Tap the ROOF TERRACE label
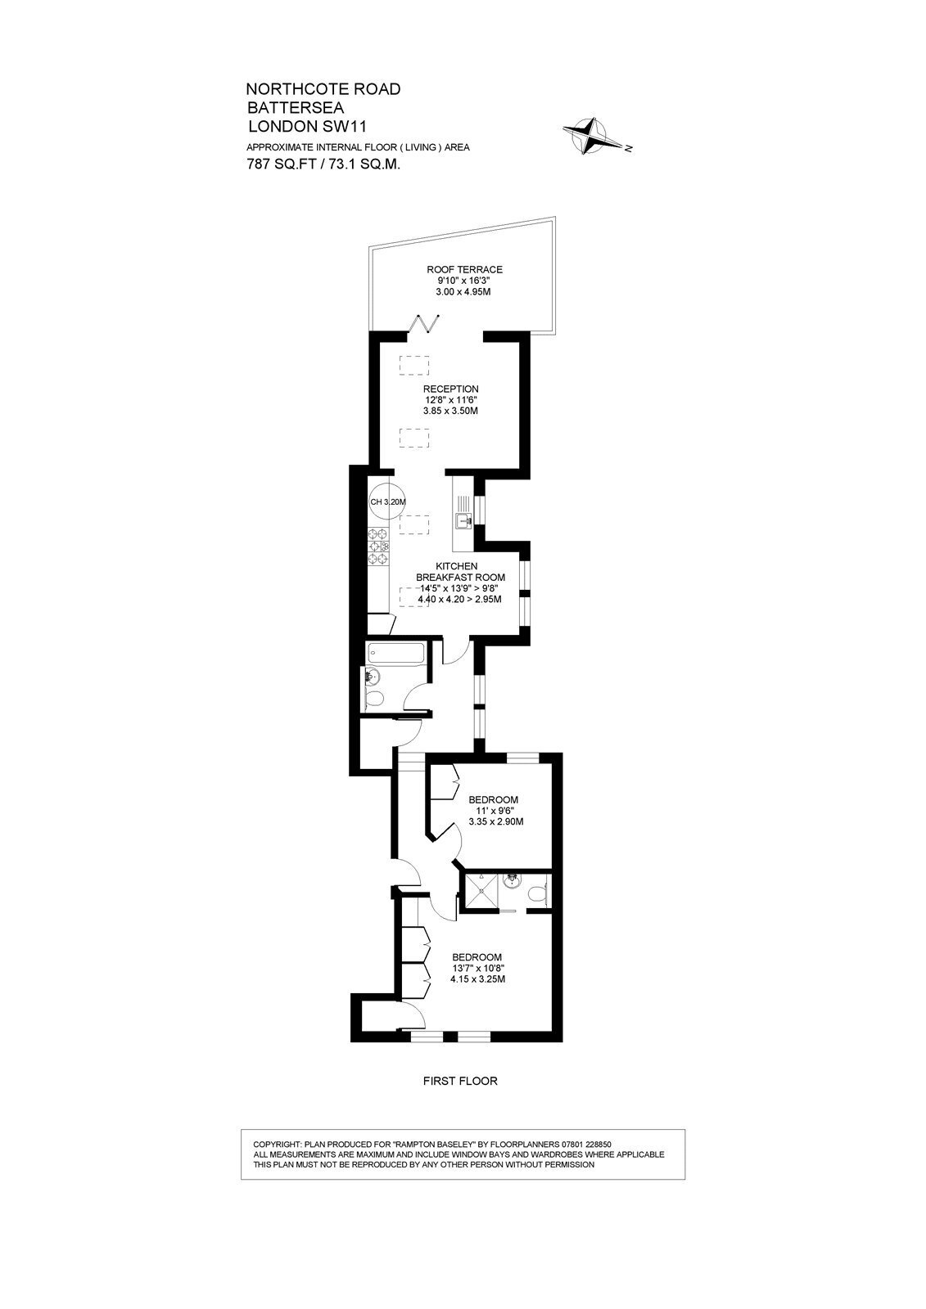pos(464,269)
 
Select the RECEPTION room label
pos(451,389)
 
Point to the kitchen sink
pos(465,520)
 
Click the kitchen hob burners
pos(378,546)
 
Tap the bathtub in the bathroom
pos(395,654)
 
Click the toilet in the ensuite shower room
pos(537,894)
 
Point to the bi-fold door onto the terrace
pos(428,323)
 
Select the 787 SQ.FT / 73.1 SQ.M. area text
pos(323,164)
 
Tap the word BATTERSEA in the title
pos(296,107)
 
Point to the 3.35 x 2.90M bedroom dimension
pos(496,821)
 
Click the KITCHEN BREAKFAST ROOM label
pos(460,572)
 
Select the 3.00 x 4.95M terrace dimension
pos(463,291)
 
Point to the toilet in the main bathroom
pos(373,698)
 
